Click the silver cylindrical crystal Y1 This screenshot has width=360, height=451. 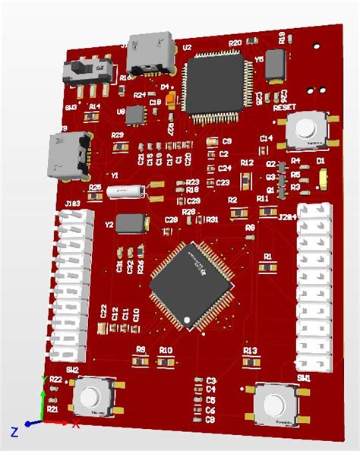click(x=126, y=192)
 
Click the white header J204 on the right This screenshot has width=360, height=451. click(x=314, y=289)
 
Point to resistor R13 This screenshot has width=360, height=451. click(x=251, y=363)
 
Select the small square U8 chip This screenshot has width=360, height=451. click(x=136, y=115)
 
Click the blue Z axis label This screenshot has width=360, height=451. click(x=14, y=431)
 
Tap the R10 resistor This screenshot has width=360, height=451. click(x=166, y=361)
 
